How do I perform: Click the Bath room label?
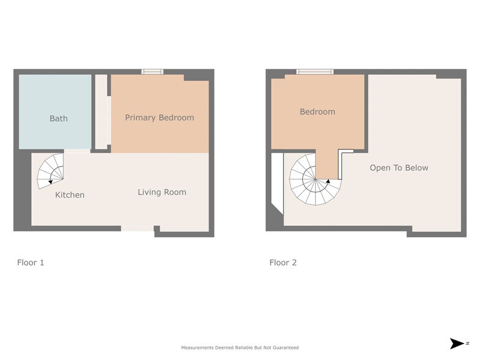click(x=59, y=119)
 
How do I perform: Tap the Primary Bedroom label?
click(x=159, y=118)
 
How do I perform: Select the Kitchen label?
click(x=70, y=195)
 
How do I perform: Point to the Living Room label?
click(x=162, y=192)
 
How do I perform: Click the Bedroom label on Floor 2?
click(x=317, y=111)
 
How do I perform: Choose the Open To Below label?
click(x=399, y=168)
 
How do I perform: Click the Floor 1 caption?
click(x=31, y=263)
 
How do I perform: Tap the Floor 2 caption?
click(x=283, y=263)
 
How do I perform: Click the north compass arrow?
click(x=457, y=343)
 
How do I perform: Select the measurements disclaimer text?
click(x=240, y=348)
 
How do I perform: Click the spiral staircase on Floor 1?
click(x=50, y=171)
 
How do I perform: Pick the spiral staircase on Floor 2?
click(x=315, y=179)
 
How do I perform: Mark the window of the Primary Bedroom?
click(x=152, y=72)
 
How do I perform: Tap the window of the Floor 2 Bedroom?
click(x=315, y=72)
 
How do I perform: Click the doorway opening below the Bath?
click(x=77, y=151)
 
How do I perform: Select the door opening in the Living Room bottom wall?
click(x=137, y=228)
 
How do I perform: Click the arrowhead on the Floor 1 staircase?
click(x=50, y=182)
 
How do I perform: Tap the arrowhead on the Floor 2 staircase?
click(x=328, y=181)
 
